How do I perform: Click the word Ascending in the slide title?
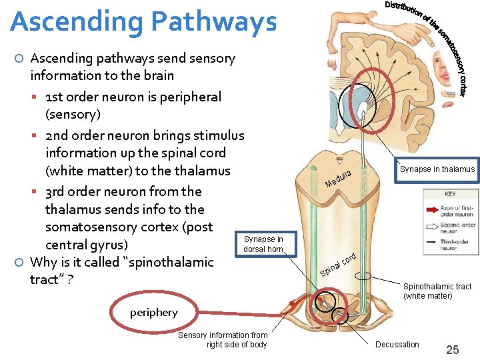[74, 21]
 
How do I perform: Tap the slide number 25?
[452, 349]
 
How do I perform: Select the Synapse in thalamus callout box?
[437, 169]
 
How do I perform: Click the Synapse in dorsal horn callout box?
[263, 244]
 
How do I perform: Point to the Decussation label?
[397, 345]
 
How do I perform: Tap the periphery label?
[154, 313]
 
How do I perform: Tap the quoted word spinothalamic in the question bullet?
[151, 262]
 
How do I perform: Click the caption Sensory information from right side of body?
[223, 340]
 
